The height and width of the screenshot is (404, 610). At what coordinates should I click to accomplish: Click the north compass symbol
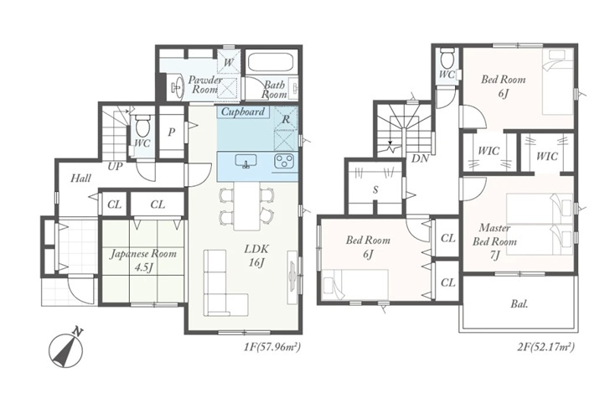66,348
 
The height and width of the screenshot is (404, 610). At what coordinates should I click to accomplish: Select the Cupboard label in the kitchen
243,111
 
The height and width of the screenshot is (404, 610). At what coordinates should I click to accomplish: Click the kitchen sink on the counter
246,161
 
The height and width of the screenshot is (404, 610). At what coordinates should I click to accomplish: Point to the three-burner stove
285,162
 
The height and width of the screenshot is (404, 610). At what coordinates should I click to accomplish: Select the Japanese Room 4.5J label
143,261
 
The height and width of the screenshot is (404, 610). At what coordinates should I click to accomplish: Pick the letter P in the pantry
171,132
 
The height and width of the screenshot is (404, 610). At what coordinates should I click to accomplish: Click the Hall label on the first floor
81,179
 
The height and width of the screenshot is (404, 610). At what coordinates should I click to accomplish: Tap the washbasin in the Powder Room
178,86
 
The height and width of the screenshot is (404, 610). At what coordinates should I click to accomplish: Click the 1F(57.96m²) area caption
272,346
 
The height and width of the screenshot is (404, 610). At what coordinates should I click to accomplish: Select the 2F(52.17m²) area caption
545,346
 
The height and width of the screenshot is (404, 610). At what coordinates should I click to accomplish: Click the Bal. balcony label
519,304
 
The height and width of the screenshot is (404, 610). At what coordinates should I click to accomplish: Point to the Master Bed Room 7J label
494,241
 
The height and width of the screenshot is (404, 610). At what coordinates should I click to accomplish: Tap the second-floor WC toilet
448,59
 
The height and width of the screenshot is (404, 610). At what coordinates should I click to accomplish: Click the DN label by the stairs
420,158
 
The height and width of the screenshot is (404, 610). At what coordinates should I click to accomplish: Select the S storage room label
375,190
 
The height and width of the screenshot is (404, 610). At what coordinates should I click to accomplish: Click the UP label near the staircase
115,167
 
